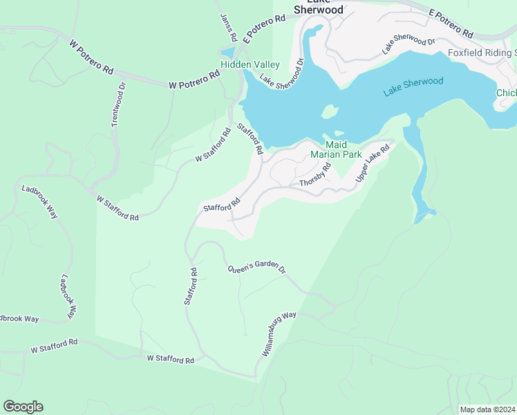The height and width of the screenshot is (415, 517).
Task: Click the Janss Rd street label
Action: [x=228, y=27]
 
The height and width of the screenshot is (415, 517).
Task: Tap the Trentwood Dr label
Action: [x=119, y=105]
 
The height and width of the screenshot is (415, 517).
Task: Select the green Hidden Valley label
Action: [x=250, y=65]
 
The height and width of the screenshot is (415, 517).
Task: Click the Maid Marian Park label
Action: [x=335, y=149]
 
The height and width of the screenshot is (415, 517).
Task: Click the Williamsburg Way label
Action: [x=279, y=334]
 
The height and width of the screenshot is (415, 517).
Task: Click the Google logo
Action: [x=23, y=407]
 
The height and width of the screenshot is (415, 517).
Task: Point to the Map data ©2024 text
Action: [x=487, y=409]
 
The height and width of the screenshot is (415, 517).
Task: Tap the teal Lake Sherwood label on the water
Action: [x=413, y=86]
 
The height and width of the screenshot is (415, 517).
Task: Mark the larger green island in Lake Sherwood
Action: [x=330, y=112]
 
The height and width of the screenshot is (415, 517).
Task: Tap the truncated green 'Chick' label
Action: [x=506, y=93]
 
